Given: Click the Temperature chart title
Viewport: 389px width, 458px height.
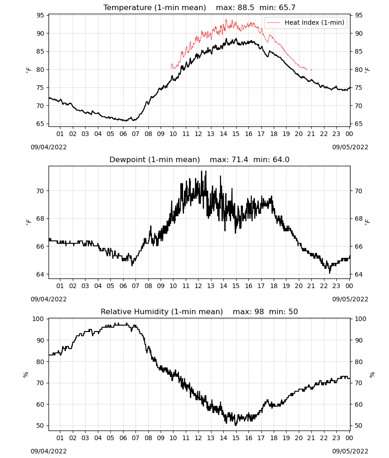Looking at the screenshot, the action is [200, 7].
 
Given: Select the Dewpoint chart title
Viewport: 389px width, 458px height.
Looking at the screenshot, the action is [200, 159].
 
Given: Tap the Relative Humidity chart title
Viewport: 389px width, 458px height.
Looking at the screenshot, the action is [200, 311].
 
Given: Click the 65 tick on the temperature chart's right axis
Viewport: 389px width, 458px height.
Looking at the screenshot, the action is [358, 124].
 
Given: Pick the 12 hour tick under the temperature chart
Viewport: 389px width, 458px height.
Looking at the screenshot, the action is [198, 134].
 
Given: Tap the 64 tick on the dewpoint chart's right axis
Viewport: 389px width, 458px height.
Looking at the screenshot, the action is [358, 274].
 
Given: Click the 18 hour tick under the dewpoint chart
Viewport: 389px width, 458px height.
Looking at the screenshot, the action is [274, 286].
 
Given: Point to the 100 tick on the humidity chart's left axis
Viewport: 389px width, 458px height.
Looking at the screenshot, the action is [38, 319].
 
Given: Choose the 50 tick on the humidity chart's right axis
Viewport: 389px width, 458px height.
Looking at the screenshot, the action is [358, 425].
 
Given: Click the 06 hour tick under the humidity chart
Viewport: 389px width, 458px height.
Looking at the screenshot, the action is [123, 438].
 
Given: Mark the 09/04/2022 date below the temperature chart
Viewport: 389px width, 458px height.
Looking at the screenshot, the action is [49, 147].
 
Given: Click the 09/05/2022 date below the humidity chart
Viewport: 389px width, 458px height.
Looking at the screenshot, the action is [350, 451].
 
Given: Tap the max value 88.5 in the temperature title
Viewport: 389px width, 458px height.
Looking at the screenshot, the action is [246, 7].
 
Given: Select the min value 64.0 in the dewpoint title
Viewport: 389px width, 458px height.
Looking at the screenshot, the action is [281, 159].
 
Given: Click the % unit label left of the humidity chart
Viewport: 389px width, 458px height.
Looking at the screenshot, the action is [26, 375].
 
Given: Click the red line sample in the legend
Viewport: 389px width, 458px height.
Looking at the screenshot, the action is [273, 22].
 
